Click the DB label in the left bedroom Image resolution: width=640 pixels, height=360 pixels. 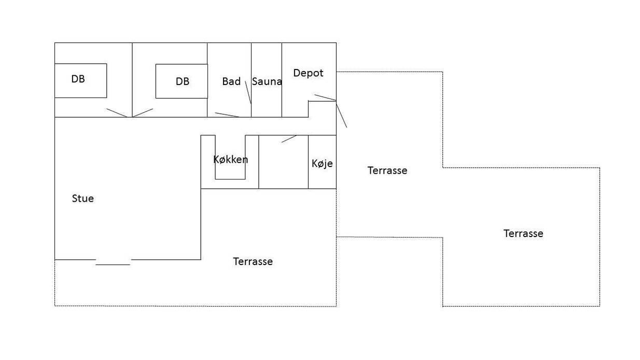click(78, 79)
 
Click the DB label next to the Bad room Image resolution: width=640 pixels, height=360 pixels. click(182, 81)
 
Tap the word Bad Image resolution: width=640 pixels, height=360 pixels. click(231, 81)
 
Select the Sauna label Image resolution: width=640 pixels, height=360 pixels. click(267, 81)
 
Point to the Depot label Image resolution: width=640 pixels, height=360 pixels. click(308, 73)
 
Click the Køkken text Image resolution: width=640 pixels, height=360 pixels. click(231, 159)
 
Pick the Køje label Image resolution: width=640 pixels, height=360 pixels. click(322, 163)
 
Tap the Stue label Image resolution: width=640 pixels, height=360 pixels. click(83, 198)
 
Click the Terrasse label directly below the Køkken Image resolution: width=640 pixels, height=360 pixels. click(253, 261)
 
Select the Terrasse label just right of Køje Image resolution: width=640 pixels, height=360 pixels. click(387, 171)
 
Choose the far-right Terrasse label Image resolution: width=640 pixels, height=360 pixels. click(523, 234)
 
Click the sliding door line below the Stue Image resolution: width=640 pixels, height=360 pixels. click(113, 265)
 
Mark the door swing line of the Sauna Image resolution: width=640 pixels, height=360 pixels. click(248, 92)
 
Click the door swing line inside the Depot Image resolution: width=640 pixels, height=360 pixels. click(325, 98)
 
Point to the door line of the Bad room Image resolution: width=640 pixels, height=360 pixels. click(227, 115)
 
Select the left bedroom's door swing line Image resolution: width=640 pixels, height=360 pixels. click(117, 113)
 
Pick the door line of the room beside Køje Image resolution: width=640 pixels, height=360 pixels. click(289, 139)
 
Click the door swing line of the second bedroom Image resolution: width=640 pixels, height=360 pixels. click(143, 113)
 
